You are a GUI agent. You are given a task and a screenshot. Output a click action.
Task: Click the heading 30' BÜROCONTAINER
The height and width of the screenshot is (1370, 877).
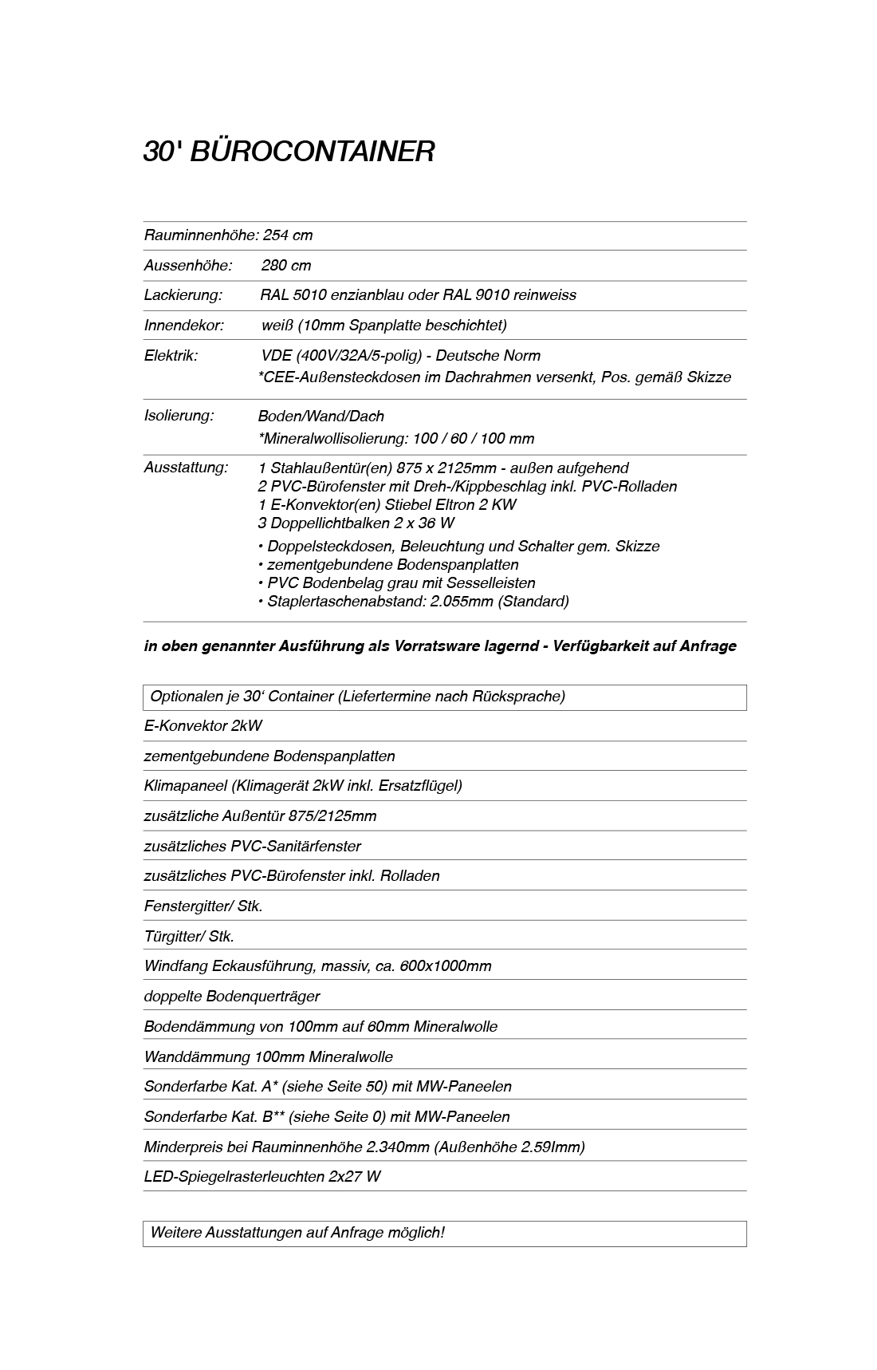pyautogui.click(x=289, y=152)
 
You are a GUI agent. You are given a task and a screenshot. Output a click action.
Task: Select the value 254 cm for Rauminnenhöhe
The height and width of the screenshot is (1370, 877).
pyautogui.click(x=288, y=235)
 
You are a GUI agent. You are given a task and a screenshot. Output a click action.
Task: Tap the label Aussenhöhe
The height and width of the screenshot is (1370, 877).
pyautogui.click(x=187, y=266)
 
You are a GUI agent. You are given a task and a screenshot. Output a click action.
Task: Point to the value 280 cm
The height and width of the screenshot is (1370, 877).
pyautogui.click(x=286, y=266)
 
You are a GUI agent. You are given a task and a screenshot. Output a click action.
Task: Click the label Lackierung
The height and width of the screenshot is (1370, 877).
pyautogui.click(x=183, y=295)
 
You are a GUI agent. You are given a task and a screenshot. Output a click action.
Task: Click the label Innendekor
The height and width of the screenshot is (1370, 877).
pyautogui.click(x=183, y=326)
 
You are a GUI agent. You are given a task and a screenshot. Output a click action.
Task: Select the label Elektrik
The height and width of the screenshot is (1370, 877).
pyautogui.click(x=171, y=356)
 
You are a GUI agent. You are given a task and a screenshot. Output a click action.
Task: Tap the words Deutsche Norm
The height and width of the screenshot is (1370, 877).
pyautogui.click(x=488, y=356)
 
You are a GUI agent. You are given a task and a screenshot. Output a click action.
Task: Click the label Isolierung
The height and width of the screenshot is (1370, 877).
pyautogui.click(x=179, y=416)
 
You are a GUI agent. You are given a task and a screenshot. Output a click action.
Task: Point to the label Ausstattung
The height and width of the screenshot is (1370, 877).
pyautogui.click(x=186, y=468)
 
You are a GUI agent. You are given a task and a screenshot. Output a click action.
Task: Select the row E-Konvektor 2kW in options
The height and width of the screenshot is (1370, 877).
pyautogui.click(x=203, y=726)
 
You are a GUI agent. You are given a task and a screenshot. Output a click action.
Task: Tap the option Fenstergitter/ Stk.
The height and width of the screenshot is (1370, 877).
pyautogui.click(x=203, y=906)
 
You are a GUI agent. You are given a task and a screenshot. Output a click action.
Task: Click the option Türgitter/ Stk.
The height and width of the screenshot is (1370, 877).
pyautogui.click(x=189, y=937)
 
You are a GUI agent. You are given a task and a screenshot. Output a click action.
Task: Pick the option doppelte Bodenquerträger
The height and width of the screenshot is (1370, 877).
pyautogui.click(x=231, y=997)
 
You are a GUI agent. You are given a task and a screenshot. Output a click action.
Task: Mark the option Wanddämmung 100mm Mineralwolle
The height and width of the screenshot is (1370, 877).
pyautogui.click(x=268, y=1057)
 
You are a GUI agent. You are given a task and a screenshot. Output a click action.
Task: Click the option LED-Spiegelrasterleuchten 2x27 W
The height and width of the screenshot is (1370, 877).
pyautogui.click(x=262, y=1177)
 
